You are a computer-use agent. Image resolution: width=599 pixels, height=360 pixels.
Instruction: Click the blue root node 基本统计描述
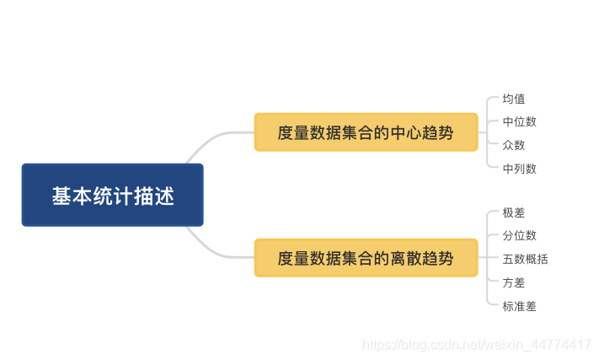coord(112,195)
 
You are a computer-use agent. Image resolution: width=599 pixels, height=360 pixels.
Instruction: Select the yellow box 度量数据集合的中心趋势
coord(366,132)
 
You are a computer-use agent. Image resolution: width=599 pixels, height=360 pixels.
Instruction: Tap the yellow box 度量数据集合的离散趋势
coord(366,258)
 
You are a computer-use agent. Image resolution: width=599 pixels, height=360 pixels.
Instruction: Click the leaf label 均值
coord(514,99)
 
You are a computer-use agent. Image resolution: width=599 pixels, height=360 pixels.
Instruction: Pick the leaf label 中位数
coord(519,121)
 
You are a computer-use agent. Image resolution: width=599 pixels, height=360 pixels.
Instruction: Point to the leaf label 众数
coord(514,145)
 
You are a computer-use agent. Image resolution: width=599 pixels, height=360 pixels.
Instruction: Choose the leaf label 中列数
coord(519,169)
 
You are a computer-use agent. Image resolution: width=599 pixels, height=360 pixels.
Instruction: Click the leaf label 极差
coord(514,212)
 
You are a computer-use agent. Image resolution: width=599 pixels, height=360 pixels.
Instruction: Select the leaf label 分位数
coord(519,235)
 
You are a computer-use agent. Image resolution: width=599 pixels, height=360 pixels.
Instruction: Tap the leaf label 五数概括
coord(525,259)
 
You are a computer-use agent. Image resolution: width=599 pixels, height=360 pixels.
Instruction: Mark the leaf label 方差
coord(514,282)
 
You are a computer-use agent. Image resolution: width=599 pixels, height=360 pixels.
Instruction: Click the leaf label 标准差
coord(519,306)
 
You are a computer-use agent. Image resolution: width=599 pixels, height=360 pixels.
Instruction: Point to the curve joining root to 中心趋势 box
coord(215,138)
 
